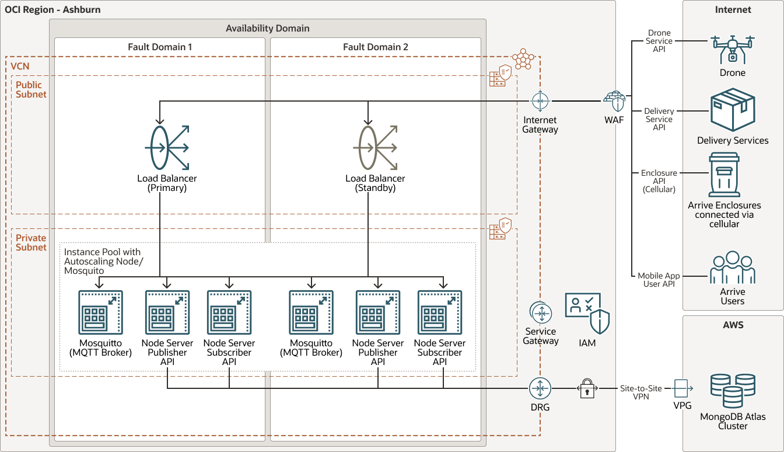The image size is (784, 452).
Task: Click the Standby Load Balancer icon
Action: pyautogui.click(x=375, y=147)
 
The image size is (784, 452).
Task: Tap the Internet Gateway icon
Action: pyautogui.click(x=540, y=101)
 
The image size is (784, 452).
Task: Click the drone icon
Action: pyautogui.click(x=733, y=48)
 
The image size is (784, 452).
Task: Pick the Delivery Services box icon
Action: pyautogui.click(x=733, y=110)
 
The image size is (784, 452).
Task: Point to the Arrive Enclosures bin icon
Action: pyautogui.click(x=724, y=175)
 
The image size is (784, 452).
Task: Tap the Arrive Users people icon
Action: pyautogui.click(x=733, y=268)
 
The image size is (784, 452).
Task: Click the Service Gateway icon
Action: pyautogui.click(x=540, y=314)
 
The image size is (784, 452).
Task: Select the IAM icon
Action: pyautogui.click(x=587, y=314)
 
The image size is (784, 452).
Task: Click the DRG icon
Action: pyautogui.click(x=540, y=388)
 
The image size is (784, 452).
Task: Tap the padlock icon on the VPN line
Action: pyautogui.click(x=587, y=389)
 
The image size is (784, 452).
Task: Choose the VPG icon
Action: pyautogui.click(x=682, y=388)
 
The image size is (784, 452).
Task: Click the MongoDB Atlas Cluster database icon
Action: pyautogui.click(x=733, y=391)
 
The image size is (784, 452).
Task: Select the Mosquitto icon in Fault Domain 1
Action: pyautogui.click(x=100, y=312)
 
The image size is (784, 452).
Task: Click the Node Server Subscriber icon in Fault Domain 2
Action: pyautogui.click(x=439, y=312)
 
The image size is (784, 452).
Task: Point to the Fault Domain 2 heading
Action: pyautogui.click(x=376, y=47)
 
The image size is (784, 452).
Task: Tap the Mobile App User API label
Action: pyautogui.click(x=659, y=280)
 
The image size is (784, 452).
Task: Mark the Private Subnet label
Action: pyautogui.click(x=31, y=242)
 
